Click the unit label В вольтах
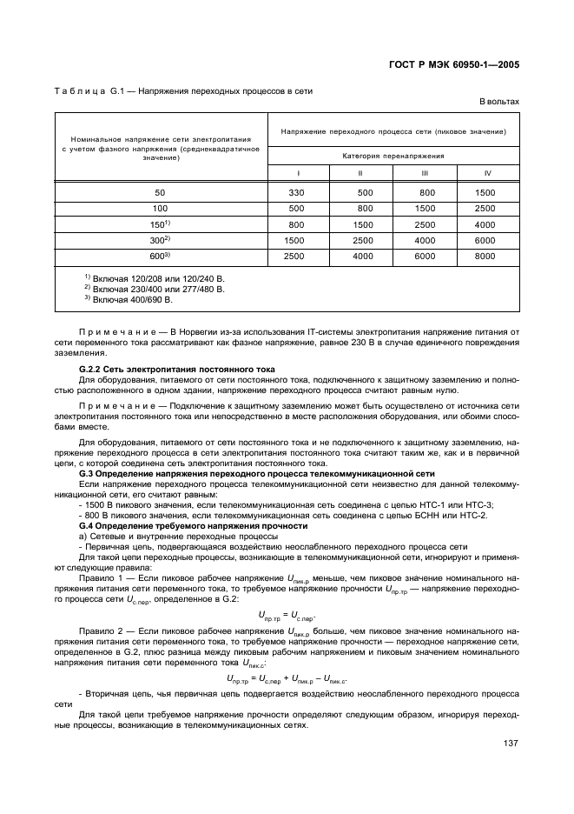tap(499, 102)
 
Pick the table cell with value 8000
tap(485, 256)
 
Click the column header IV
tap(486, 173)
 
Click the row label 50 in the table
tap(161, 192)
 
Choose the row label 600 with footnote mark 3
tap(160, 256)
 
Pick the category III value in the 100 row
tap(426, 209)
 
